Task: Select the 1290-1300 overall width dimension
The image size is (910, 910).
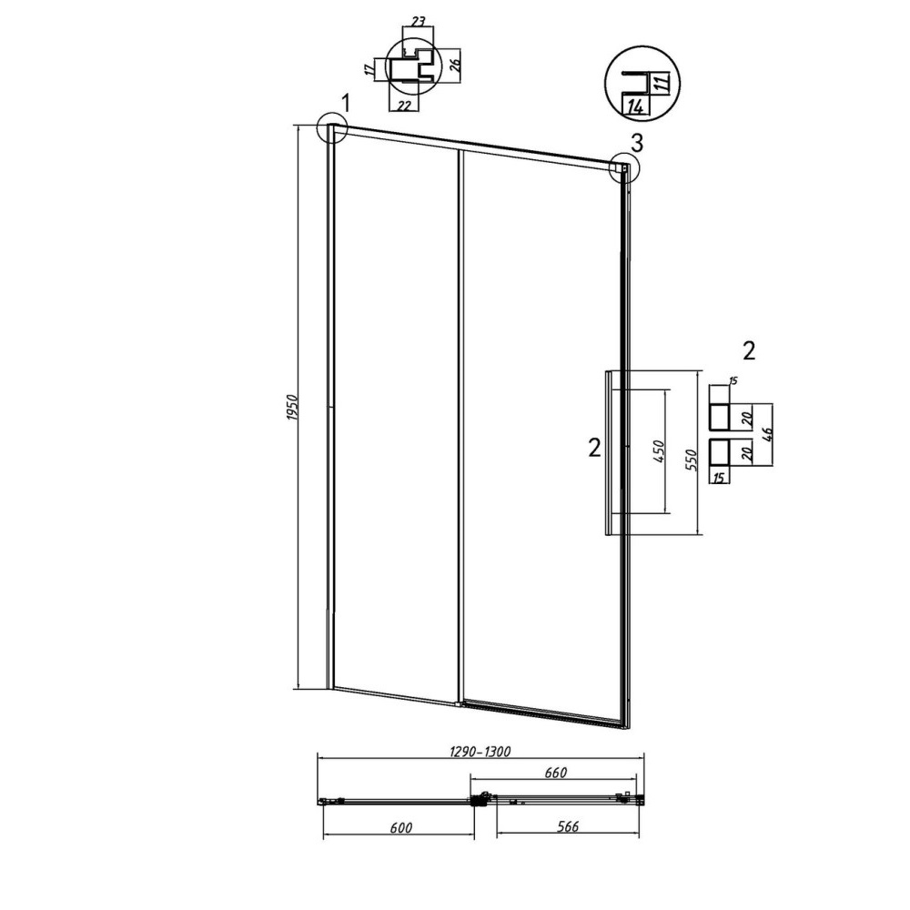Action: pos(480,752)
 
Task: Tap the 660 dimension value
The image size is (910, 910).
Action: pos(555,773)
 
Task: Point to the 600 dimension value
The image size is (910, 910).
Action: pos(401,827)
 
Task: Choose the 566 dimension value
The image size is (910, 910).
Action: pos(568,826)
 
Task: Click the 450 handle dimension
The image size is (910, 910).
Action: pos(659,451)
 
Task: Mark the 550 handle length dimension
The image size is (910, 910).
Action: pos(692,460)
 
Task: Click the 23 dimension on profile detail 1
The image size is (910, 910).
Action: pos(418,23)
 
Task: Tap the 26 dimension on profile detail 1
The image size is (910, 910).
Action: pos(454,62)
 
